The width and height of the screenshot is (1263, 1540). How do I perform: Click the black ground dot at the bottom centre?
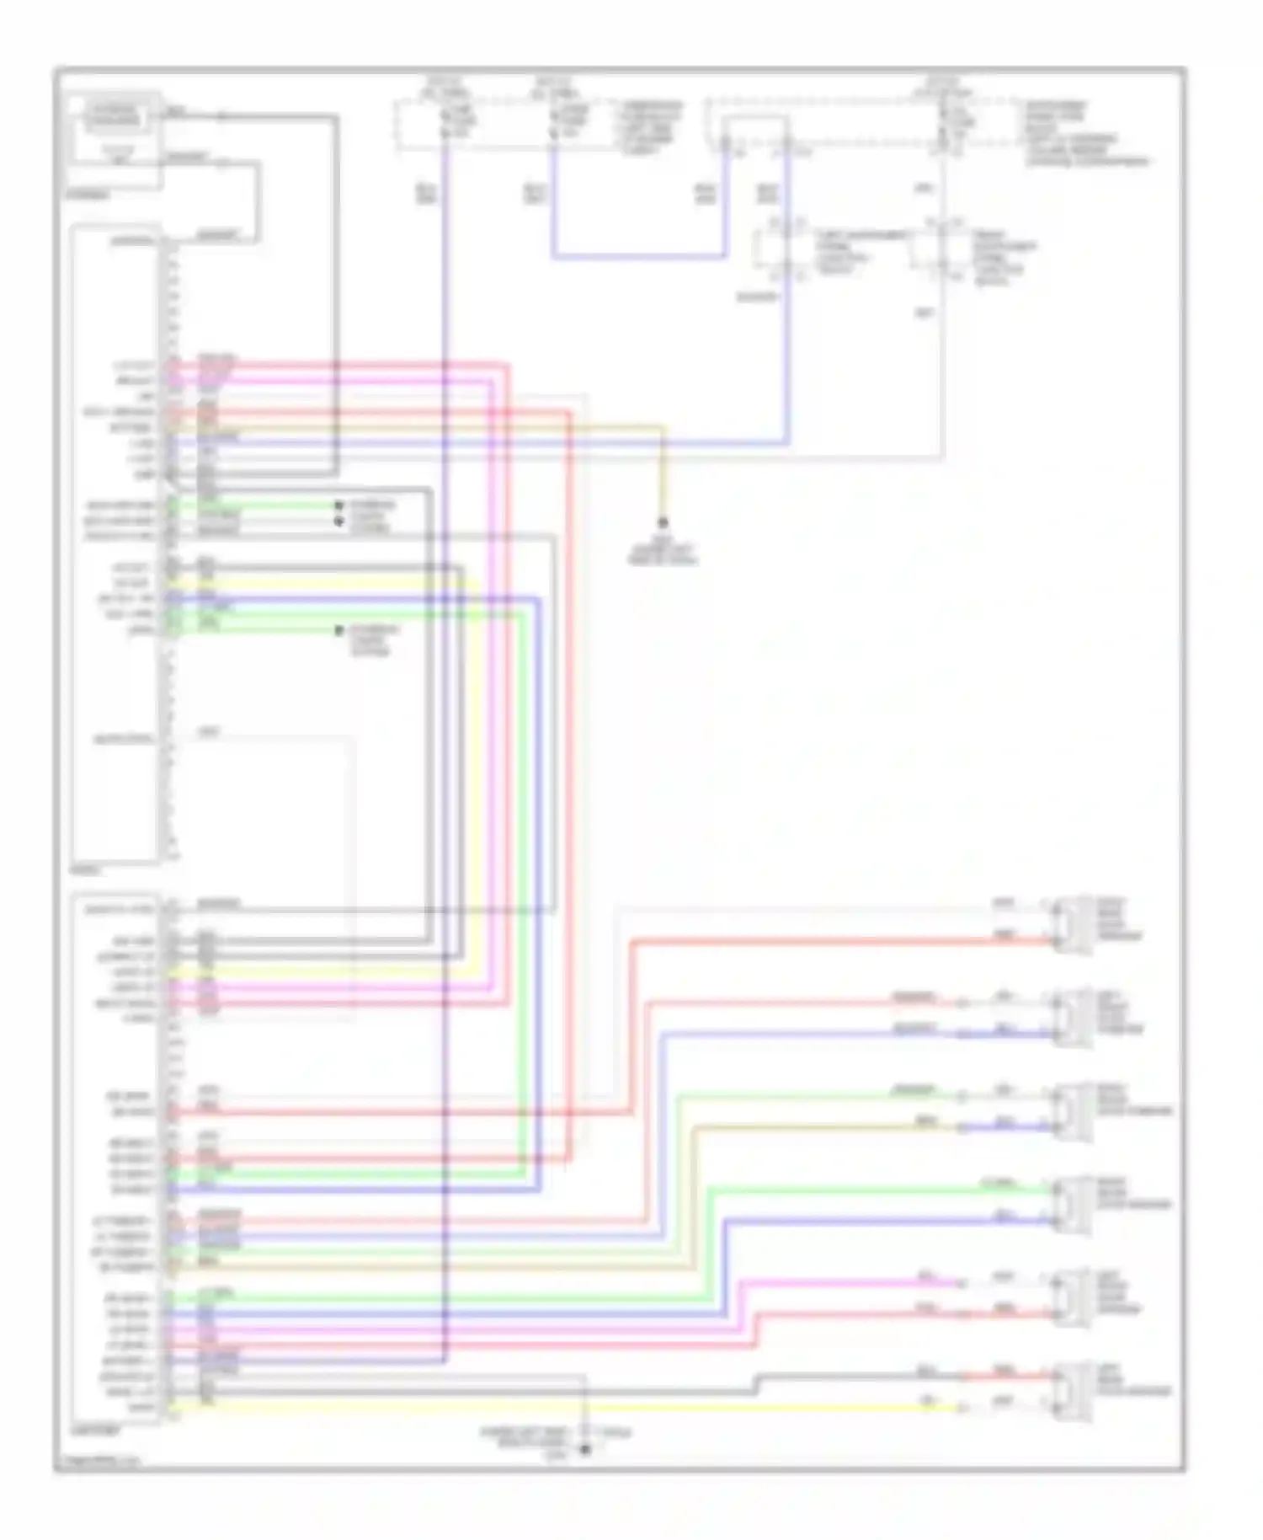tap(585, 1450)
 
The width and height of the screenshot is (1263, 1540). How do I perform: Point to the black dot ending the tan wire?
tap(663, 523)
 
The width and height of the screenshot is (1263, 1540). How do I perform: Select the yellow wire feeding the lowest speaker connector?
tap(589, 1408)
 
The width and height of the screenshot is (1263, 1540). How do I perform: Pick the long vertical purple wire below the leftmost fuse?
tap(445, 758)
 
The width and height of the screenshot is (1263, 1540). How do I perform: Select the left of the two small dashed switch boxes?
tap(780, 249)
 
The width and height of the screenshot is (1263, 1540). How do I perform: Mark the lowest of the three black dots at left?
tap(338, 630)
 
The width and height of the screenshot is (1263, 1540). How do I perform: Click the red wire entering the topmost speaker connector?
tap(842, 939)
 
